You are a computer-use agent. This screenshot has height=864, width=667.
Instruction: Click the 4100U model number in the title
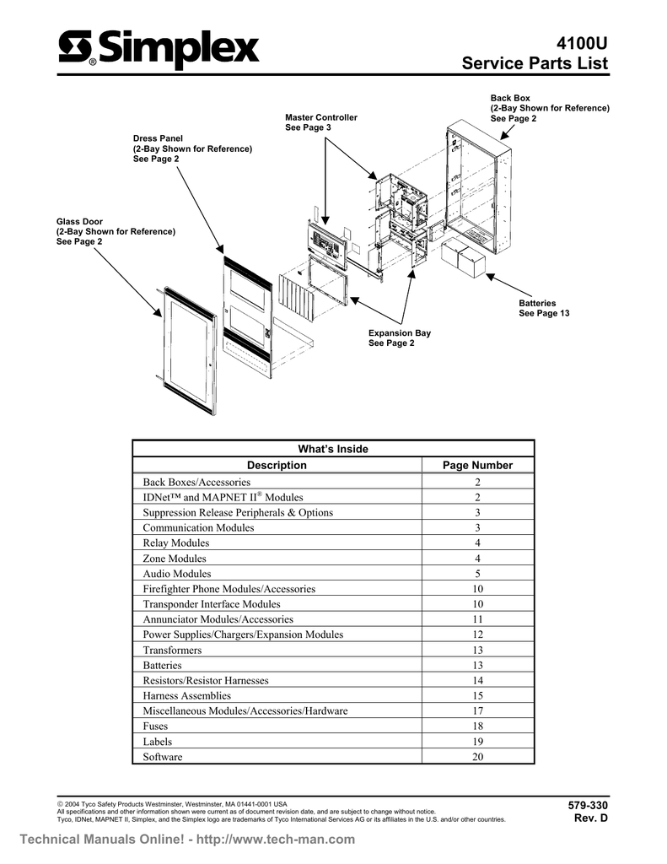coord(582,43)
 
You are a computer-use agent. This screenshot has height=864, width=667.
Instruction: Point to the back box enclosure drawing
coord(478,186)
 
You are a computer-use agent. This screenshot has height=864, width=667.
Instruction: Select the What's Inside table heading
coord(334,449)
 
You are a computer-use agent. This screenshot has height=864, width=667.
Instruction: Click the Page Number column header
coord(477,465)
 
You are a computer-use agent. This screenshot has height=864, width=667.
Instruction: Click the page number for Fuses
coord(477,726)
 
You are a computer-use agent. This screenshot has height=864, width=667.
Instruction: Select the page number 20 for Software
coord(477,757)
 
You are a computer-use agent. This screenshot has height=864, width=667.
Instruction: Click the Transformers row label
coord(172,651)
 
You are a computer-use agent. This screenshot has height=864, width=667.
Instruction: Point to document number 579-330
coord(589,806)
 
